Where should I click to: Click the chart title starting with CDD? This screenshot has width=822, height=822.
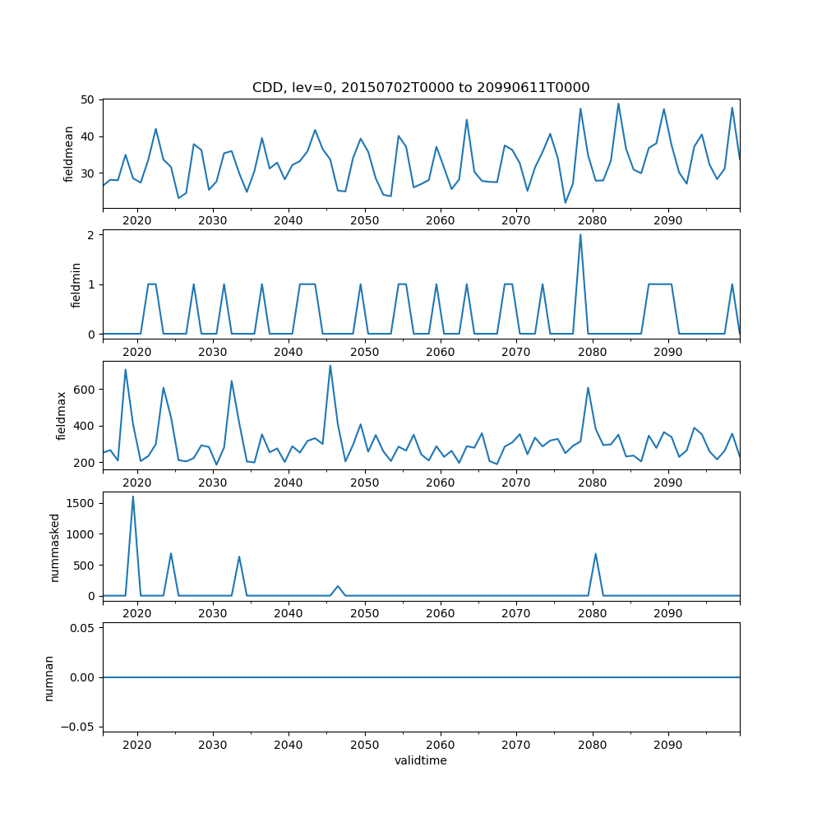point(421,88)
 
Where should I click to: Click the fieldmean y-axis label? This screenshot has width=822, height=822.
point(69,154)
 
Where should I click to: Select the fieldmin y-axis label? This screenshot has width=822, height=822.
point(76,284)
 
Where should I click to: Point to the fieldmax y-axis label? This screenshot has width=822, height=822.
point(62,415)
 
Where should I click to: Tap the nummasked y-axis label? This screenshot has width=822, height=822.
point(55,547)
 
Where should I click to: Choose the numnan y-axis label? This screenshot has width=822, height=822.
point(49,677)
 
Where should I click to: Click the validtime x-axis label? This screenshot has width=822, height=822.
point(421,761)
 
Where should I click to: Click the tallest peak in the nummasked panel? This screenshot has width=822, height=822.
point(133,496)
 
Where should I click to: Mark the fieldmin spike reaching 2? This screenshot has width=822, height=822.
point(580,234)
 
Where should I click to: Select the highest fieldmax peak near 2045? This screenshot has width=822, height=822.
point(330,365)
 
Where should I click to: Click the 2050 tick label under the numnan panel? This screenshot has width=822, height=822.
point(364,745)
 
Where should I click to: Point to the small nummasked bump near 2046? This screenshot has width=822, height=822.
point(338,586)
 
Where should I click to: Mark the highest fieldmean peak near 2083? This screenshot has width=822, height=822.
point(618,104)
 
